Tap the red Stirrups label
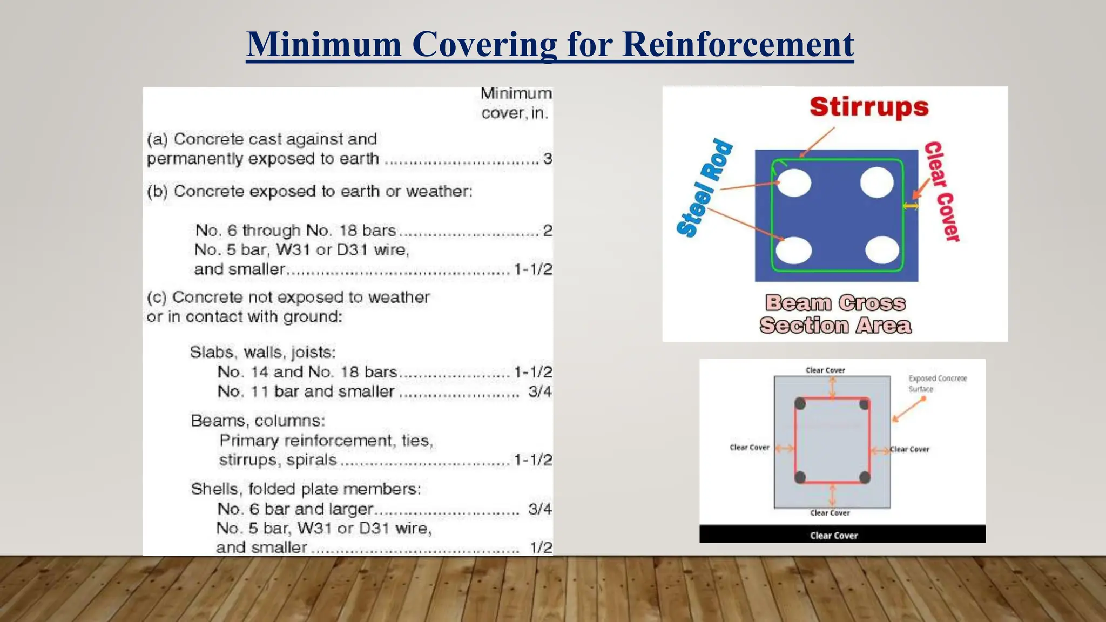[x=869, y=106]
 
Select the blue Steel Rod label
[x=704, y=188]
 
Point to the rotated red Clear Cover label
[x=942, y=191]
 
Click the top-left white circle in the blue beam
[x=794, y=182]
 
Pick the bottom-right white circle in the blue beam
[x=882, y=250]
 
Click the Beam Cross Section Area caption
[x=835, y=314]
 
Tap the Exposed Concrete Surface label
[x=937, y=383]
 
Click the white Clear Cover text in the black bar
[x=834, y=536]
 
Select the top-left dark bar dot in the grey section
[x=800, y=404]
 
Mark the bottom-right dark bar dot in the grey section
[x=865, y=477]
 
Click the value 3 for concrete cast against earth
[x=547, y=159]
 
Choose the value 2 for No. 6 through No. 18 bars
[x=547, y=231]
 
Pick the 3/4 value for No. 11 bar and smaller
[x=539, y=391]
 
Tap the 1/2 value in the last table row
[x=541, y=547]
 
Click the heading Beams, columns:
[x=258, y=421]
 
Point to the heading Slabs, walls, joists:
[x=262, y=353]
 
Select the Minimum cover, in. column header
[x=516, y=103]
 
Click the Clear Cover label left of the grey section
[x=749, y=448]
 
